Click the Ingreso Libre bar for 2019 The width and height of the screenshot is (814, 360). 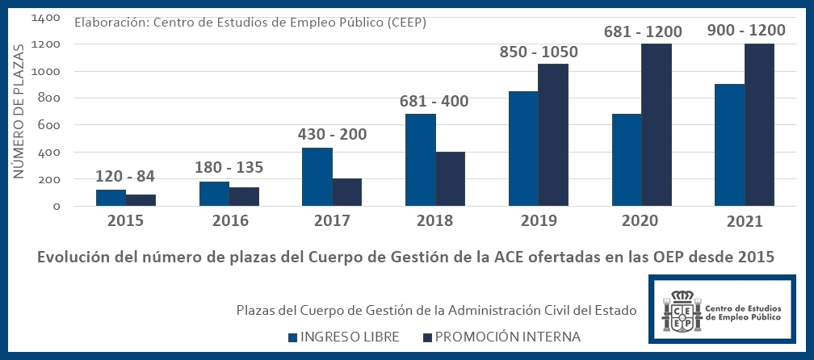[x=522, y=149]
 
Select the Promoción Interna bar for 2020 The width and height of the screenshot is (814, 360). [x=657, y=125]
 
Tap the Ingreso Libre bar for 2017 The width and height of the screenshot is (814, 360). [x=317, y=177]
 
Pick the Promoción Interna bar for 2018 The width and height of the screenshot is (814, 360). [x=451, y=178]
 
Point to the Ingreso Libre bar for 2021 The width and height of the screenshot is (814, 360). [x=730, y=145]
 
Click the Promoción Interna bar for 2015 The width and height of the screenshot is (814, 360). [x=141, y=199]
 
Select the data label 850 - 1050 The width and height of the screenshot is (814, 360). [x=538, y=52]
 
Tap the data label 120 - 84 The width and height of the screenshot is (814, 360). [x=125, y=176]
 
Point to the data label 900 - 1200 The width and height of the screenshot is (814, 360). [x=745, y=31]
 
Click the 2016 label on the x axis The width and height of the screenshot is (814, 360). [x=229, y=221]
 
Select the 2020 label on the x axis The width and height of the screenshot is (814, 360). [x=642, y=221]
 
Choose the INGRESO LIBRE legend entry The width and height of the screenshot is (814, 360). [x=342, y=337]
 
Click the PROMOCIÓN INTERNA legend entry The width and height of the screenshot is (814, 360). [x=501, y=337]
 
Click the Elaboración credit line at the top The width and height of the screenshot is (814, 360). [x=250, y=22]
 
